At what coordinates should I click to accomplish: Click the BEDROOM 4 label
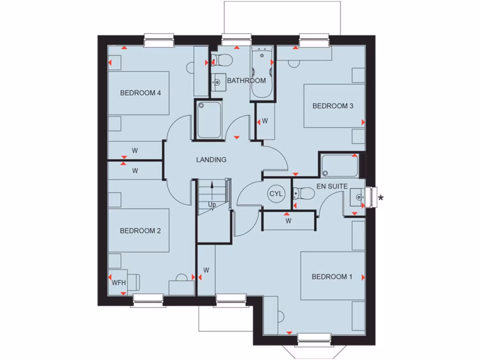pos(141,93)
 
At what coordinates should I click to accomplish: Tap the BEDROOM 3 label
pos(333,106)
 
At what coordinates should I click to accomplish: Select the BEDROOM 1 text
pos(332,277)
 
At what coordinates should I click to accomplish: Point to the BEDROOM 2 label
pos(141,231)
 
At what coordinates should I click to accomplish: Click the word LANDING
pos(211,160)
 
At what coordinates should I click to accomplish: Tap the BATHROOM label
pos(247,81)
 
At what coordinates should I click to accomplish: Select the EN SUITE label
pos(332,187)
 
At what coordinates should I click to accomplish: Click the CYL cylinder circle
pos(275,194)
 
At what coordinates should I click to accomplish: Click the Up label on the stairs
pos(212,205)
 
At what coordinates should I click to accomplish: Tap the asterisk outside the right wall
pos(381,198)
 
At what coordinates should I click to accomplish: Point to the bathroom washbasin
pos(217,82)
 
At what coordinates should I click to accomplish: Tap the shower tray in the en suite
pos(340,165)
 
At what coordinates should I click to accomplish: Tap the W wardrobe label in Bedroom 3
pos(265,121)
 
